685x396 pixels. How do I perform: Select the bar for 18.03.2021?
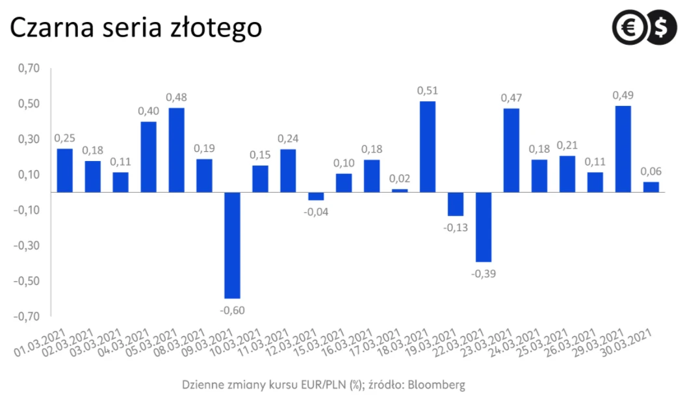pyautogui.click(x=428, y=147)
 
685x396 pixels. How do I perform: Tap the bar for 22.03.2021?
pyautogui.click(x=484, y=227)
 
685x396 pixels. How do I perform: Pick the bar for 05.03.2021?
pyautogui.click(x=176, y=150)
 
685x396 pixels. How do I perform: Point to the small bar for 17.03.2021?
pyautogui.click(x=400, y=191)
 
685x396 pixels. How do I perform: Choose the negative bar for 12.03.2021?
pyautogui.click(x=316, y=196)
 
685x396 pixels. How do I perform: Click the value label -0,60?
pyautogui.click(x=232, y=311)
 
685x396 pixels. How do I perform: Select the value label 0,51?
pyautogui.click(x=428, y=90)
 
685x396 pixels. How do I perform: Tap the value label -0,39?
pyautogui.click(x=484, y=274)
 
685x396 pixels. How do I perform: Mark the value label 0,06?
pyautogui.click(x=651, y=171)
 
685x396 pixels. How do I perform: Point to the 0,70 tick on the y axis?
pyautogui.click(x=29, y=69)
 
